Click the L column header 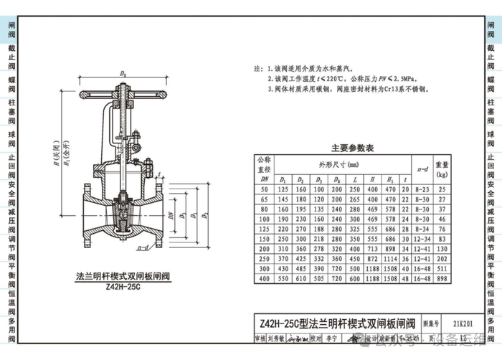pos(355,179)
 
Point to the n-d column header pos(422,169)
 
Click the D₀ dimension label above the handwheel pos(124,73)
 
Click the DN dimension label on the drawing pos(171,214)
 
